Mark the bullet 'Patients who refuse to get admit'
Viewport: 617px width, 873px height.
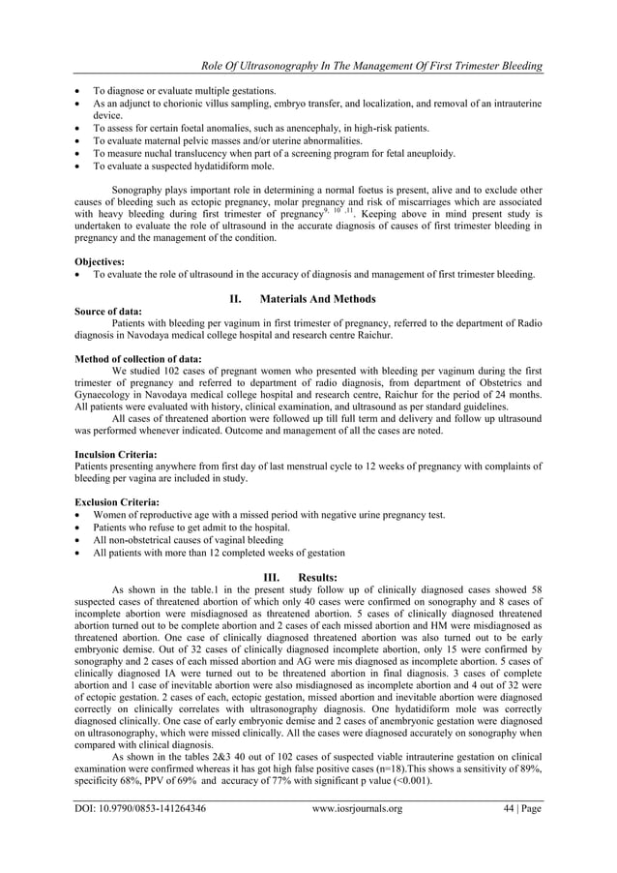coord(191,527)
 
